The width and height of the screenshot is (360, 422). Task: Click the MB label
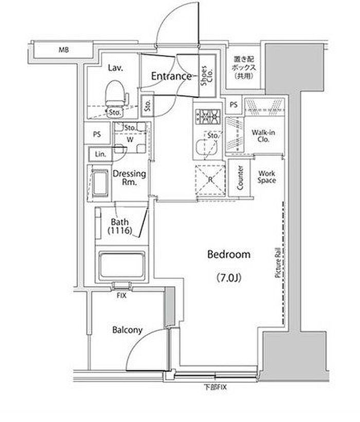point(64,50)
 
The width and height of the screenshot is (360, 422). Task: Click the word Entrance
point(171,76)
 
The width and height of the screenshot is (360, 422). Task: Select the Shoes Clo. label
point(207,76)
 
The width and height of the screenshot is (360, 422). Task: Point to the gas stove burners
point(208,117)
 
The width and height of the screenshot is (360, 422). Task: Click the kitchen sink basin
point(206,148)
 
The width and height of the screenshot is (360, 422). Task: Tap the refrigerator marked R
point(210,180)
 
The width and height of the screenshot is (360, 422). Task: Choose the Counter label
point(240,178)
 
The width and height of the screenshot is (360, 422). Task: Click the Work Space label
point(267,177)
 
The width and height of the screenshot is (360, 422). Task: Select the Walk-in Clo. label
point(263,136)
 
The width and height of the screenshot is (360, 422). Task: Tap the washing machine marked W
point(130,138)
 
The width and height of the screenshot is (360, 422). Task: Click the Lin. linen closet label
point(100,154)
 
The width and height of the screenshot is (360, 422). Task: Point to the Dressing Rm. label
point(129,178)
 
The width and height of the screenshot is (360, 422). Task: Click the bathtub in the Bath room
point(122,265)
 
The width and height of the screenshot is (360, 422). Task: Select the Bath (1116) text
point(120,226)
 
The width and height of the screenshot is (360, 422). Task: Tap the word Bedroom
point(229,254)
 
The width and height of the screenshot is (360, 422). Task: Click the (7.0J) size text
point(228,277)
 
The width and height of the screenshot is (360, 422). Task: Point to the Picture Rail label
point(278,263)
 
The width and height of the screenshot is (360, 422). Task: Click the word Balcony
point(127,330)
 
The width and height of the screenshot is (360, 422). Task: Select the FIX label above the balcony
point(121,295)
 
